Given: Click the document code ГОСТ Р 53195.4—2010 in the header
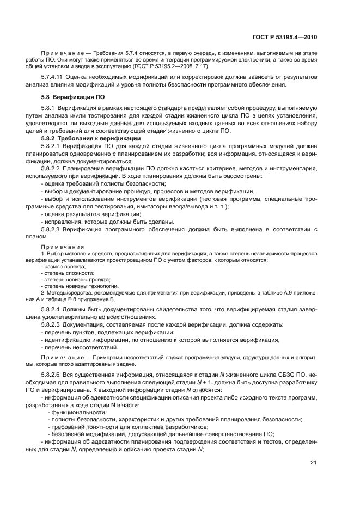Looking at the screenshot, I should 285,37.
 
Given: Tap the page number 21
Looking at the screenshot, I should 313,463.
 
